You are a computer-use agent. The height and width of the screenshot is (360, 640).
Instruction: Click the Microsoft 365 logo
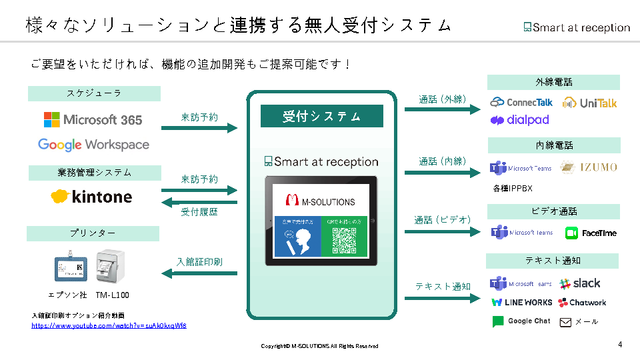click(93, 120)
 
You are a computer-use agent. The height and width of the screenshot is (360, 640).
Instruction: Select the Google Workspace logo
click(93, 145)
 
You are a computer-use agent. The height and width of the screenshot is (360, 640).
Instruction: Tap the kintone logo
click(91, 197)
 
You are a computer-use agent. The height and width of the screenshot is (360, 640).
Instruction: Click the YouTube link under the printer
click(109, 325)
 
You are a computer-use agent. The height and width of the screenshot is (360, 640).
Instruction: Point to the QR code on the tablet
click(344, 241)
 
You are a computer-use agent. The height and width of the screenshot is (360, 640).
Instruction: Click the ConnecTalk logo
click(521, 103)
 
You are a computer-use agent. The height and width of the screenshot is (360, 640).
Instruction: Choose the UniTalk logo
click(589, 103)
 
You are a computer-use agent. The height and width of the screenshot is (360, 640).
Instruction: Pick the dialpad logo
click(519, 120)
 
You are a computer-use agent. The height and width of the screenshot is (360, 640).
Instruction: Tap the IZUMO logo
click(589, 167)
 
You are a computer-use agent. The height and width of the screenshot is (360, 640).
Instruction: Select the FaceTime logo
click(591, 233)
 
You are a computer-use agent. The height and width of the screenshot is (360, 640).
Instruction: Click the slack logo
click(580, 283)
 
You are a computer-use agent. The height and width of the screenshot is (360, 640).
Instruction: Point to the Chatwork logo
click(582, 303)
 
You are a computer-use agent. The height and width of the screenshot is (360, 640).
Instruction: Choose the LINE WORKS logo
click(522, 303)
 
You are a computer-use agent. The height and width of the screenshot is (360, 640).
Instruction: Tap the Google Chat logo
click(521, 321)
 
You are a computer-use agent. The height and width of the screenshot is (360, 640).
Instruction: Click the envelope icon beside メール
click(565, 323)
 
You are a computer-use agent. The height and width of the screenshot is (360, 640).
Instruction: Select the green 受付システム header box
click(321, 116)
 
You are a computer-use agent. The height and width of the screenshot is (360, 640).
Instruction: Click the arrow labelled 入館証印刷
click(200, 273)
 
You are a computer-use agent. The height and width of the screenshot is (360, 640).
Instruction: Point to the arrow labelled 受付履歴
click(200, 202)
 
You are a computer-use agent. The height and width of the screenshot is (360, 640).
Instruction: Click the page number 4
click(621, 345)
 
